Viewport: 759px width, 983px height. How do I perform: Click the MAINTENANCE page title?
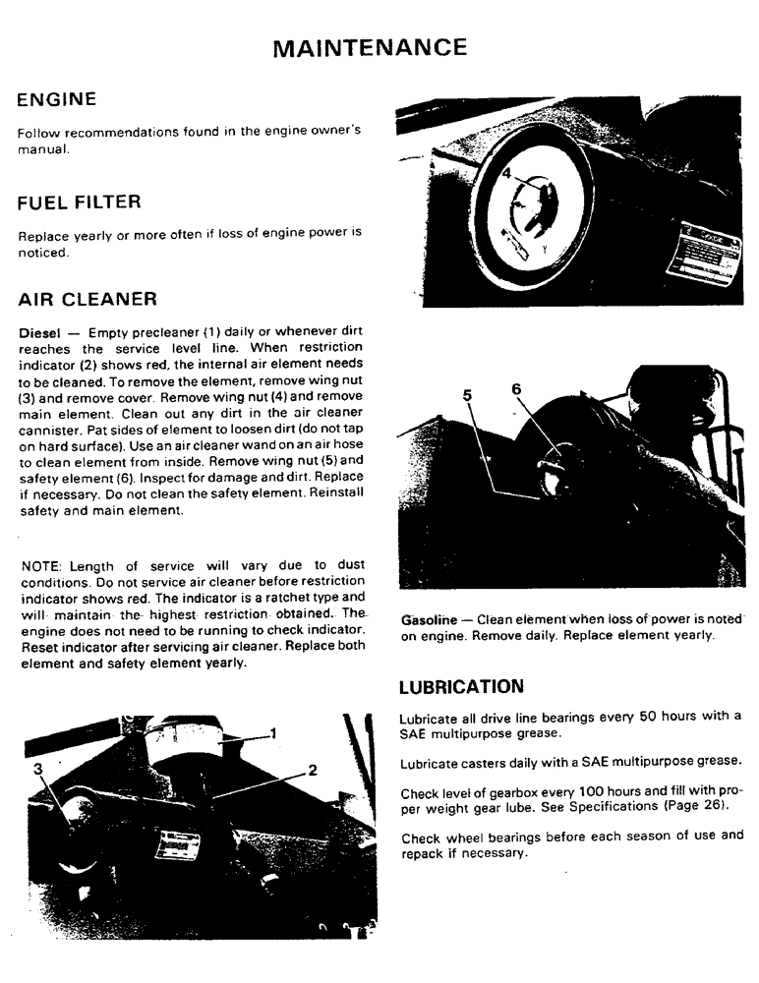pyautogui.click(x=369, y=47)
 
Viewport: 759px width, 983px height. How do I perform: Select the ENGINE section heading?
pyautogui.click(x=57, y=99)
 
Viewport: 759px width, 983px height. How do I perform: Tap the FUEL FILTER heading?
pyautogui.click(x=80, y=202)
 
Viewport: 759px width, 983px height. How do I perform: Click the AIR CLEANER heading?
pyautogui.click(x=88, y=298)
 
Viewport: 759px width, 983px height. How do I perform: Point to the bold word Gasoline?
pyautogui.click(x=429, y=620)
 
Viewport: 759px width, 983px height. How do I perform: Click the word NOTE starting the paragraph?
pyautogui.click(x=38, y=565)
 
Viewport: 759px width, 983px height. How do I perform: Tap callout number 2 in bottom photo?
pyautogui.click(x=313, y=770)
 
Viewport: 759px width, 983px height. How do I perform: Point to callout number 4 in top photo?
pyautogui.click(x=505, y=172)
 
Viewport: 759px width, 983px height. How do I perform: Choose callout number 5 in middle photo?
pyautogui.click(x=468, y=395)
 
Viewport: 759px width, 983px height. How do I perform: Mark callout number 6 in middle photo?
pyautogui.click(x=516, y=388)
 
